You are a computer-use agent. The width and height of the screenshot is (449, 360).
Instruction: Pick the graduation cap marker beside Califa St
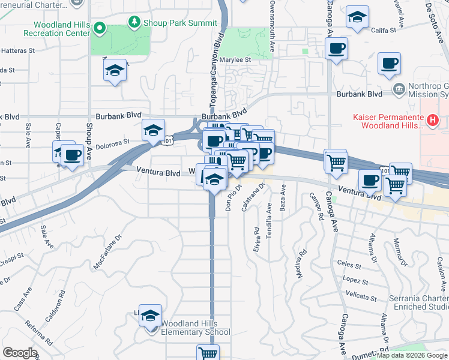coord(357,18)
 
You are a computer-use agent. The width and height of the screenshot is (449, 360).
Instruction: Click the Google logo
coord(20,353)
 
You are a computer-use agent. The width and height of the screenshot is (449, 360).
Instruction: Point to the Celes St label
coord(349,264)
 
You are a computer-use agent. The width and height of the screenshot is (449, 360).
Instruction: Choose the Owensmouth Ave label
coord(271,27)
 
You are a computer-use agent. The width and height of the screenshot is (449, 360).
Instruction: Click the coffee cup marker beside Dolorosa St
coord(73,155)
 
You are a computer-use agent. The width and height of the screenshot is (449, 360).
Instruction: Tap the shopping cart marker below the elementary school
coord(208,353)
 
